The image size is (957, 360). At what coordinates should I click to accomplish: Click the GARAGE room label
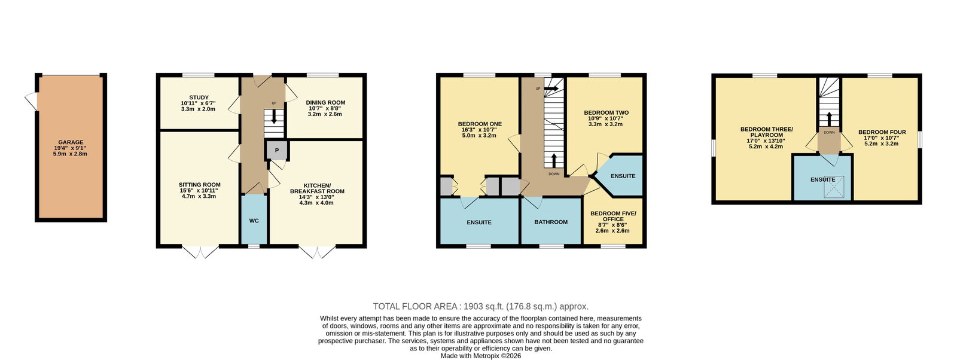(71, 142)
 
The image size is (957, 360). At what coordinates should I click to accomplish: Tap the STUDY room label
(199, 97)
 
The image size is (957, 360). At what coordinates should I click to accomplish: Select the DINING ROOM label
(325, 102)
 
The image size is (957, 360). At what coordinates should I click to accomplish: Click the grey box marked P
(277, 150)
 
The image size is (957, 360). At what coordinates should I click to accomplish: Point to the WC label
(254, 221)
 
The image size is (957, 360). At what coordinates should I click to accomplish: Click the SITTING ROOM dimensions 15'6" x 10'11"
(199, 190)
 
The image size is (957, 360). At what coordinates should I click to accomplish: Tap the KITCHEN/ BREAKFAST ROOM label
(317, 188)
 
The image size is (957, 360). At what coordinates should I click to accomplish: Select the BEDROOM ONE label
(480, 124)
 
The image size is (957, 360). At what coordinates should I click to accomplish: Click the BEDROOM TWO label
(606, 113)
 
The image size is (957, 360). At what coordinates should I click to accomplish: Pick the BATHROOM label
(551, 222)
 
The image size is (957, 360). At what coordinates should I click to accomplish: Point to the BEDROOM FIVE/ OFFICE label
(613, 216)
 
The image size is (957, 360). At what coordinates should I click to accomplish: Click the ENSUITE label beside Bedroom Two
(623, 176)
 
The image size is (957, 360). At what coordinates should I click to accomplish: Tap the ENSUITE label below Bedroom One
(479, 222)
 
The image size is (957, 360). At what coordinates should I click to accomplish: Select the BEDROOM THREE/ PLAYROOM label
(766, 132)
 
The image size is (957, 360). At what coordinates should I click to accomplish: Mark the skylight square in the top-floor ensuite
(834, 187)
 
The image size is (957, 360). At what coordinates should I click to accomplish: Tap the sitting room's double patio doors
(200, 252)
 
